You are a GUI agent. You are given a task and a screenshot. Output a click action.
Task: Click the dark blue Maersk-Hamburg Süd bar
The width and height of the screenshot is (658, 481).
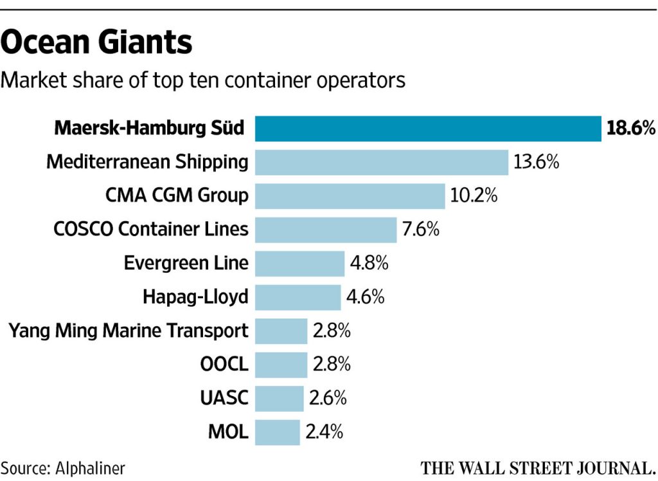point(428,129)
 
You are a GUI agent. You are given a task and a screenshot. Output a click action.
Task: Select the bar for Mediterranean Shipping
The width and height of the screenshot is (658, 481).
point(382,162)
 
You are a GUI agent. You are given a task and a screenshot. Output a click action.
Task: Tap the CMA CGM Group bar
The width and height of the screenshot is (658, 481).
point(350,195)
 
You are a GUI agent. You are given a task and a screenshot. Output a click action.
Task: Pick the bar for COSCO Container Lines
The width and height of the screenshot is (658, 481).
point(326,230)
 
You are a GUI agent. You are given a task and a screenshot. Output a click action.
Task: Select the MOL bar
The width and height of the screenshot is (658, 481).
point(278,432)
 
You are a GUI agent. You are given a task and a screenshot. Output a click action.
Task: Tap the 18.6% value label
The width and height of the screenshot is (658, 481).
point(630,129)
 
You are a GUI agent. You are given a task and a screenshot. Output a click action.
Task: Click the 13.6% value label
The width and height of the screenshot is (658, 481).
point(537,162)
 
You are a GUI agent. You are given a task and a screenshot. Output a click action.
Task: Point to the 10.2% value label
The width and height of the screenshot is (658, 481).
point(474,195)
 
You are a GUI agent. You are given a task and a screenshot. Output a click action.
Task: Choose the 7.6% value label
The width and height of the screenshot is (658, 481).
point(421,230)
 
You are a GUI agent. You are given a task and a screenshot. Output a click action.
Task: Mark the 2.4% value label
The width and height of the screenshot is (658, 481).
point(324,432)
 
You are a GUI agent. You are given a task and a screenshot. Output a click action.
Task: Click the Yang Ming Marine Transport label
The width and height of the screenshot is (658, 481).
point(129,331)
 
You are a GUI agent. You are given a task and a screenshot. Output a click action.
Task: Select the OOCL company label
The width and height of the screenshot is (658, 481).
point(224,365)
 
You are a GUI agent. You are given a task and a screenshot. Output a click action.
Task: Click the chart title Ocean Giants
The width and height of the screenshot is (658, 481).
point(96,44)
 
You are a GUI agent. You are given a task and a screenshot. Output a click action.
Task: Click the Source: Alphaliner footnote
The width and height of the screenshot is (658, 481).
point(63,467)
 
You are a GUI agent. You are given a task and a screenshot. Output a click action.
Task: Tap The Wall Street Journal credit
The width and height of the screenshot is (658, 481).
point(537,467)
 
